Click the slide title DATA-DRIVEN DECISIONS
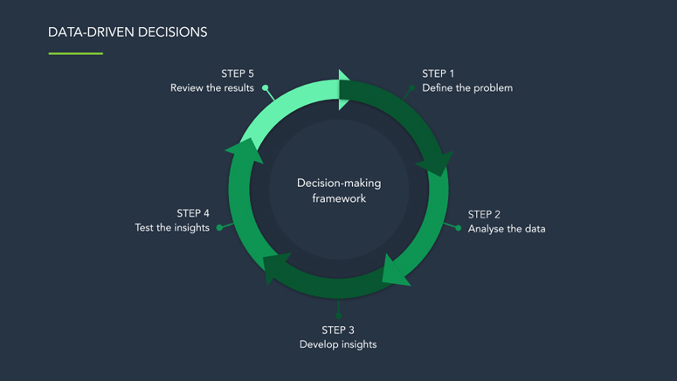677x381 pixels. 128,32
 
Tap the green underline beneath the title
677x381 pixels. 76,53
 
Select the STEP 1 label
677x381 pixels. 439,73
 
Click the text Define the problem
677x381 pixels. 467,87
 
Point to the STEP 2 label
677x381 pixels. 484,214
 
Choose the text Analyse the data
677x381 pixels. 507,229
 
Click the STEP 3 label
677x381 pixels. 338,329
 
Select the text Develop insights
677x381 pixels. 338,344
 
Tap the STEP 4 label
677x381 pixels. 193,213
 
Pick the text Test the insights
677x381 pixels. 172,228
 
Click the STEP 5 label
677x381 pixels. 238,73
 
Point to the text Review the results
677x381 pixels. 212,87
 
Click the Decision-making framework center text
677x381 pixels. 339,190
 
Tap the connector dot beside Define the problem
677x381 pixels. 412,88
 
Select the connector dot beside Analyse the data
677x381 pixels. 459,228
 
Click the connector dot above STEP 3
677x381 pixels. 338,315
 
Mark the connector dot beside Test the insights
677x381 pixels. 220,228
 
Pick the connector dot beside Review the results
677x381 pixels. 266,88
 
